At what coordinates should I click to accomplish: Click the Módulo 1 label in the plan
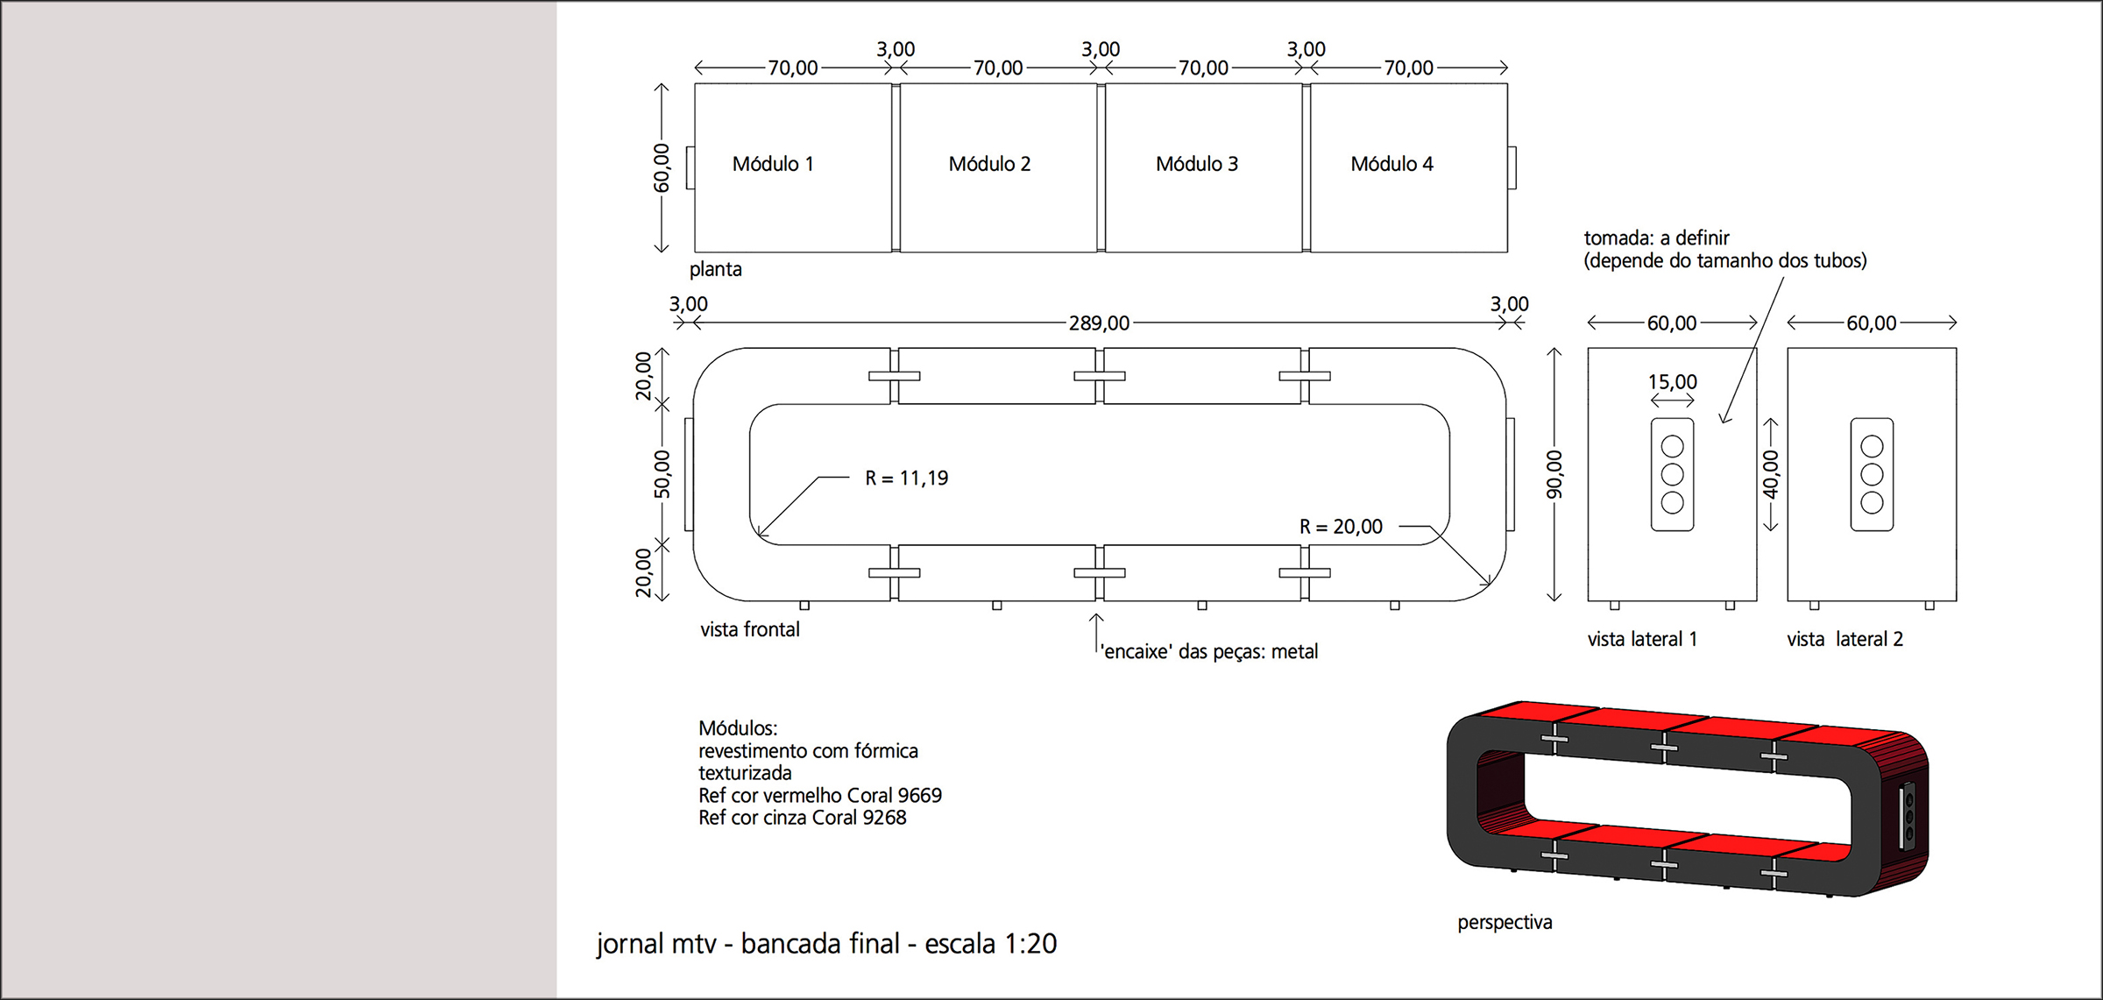[x=773, y=164]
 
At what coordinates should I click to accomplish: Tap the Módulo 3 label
[x=1197, y=164]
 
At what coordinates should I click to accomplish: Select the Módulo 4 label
[x=1391, y=164]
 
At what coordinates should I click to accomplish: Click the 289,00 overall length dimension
[x=1099, y=323]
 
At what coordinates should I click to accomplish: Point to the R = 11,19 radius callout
[x=906, y=479]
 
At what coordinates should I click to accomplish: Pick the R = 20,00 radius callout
[x=1341, y=527]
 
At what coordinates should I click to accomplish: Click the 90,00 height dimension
[x=1554, y=474]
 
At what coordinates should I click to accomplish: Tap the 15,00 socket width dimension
[x=1672, y=382]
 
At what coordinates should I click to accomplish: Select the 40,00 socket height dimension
[x=1771, y=474]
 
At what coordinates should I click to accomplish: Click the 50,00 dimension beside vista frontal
[x=662, y=474]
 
